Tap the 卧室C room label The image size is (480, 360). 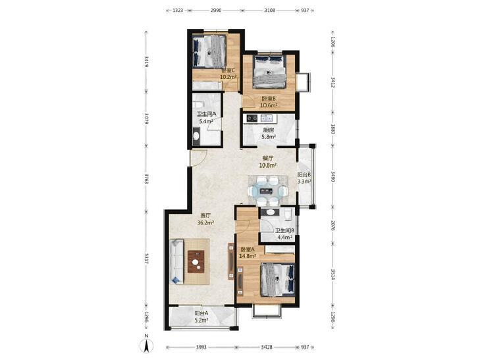pos(228,70)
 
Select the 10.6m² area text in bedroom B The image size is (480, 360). pos(269,105)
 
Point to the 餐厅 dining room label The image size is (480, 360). pos(268,159)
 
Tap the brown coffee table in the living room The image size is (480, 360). pos(196,261)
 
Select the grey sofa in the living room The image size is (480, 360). pos(176,261)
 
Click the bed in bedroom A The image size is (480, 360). pos(278,280)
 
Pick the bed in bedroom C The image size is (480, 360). pos(209,51)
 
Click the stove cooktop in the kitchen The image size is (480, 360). pos(252,118)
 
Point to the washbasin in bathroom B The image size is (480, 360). pos(271,212)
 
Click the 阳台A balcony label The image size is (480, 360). pos(201,313)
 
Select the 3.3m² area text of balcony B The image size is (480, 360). pos(304,182)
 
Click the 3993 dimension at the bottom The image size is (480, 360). pos(201,347)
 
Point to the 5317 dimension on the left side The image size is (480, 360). pos(147,259)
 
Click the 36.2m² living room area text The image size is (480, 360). pos(205,223)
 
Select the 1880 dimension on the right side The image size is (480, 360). pos(333,129)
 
